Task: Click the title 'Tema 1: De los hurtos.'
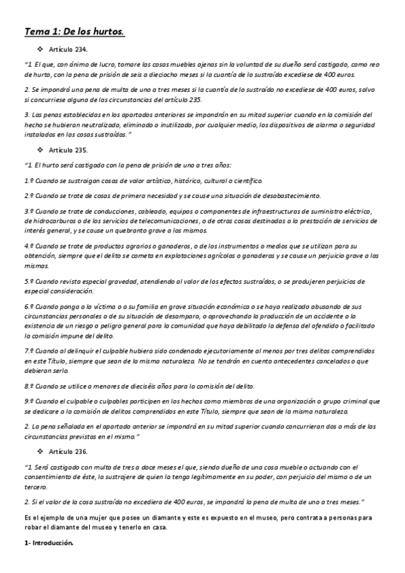(74, 31)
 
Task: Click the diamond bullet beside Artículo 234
(41, 50)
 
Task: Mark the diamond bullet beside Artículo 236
(41, 451)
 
